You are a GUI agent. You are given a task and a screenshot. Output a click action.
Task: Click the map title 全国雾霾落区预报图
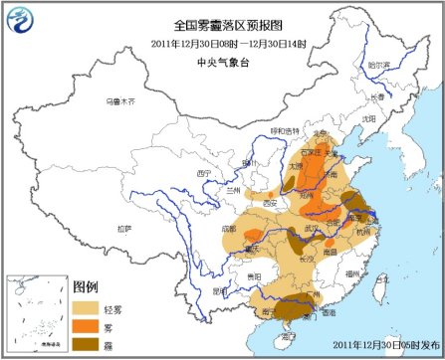222,25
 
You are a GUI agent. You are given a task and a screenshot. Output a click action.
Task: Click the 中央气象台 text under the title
221,59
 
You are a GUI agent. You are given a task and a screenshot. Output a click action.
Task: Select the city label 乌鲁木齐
119,101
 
